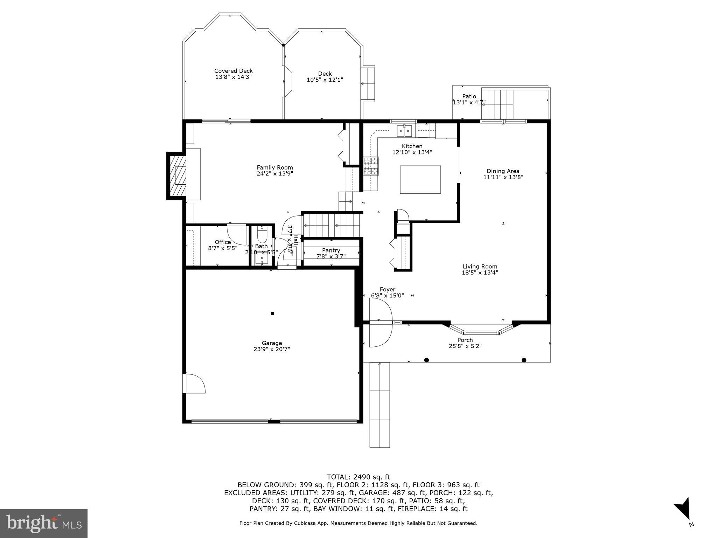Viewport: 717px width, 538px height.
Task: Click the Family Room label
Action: point(274,167)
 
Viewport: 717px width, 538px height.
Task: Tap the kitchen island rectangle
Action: point(420,179)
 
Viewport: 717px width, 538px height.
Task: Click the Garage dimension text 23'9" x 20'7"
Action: point(272,349)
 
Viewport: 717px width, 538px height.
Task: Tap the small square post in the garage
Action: point(273,313)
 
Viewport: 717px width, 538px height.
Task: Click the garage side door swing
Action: point(195,384)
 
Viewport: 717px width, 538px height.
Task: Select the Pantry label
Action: point(331,250)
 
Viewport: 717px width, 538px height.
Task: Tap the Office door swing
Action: point(237,234)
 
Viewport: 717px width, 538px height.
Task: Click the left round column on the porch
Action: point(426,360)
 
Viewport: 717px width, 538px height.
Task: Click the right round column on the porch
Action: point(524,360)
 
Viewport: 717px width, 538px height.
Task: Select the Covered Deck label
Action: point(233,71)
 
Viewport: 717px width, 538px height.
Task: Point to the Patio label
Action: point(469,96)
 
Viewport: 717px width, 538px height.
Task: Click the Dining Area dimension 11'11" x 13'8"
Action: point(503,177)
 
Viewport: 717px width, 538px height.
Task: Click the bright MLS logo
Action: point(44,523)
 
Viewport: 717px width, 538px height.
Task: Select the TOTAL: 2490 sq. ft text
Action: point(358,477)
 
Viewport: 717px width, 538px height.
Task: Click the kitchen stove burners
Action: point(371,166)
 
